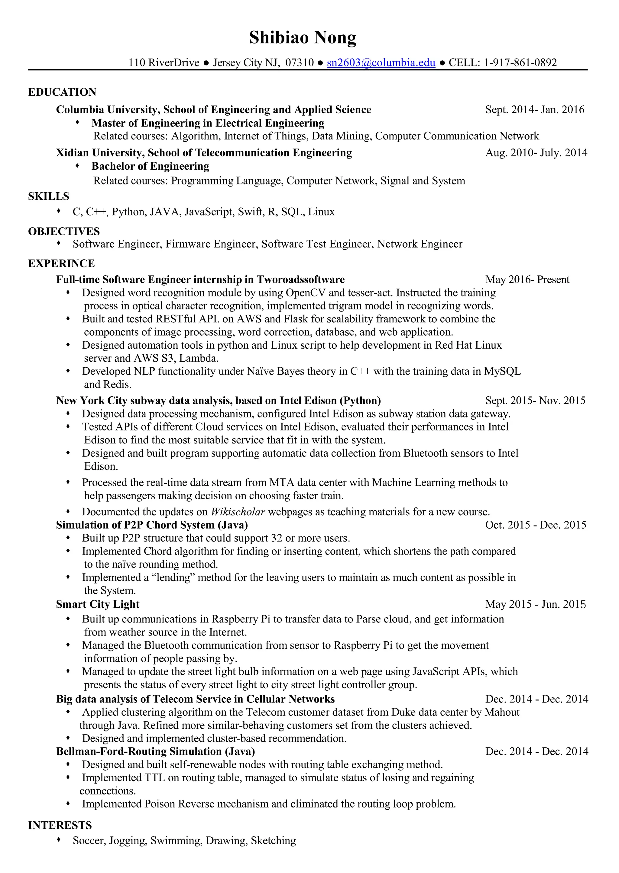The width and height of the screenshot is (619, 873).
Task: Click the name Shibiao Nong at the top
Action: [x=303, y=38]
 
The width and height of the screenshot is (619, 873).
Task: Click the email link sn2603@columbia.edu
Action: [x=381, y=62]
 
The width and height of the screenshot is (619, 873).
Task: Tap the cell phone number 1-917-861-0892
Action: [x=520, y=62]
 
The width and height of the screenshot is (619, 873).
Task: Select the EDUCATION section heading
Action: [x=62, y=92]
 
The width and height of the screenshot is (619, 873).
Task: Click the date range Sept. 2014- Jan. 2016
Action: [x=534, y=110]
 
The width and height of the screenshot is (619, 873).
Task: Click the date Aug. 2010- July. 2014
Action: [x=536, y=153]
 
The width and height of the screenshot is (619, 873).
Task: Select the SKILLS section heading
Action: [x=48, y=197]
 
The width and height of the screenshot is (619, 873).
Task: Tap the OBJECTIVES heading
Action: [x=64, y=232]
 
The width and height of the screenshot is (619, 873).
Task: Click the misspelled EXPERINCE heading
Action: [x=61, y=264]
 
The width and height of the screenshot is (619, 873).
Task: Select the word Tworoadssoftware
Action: [x=300, y=280]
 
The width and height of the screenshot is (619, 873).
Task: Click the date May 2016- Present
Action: [x=527, y=280]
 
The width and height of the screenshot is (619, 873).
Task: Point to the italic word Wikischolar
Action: [x=238, y=512]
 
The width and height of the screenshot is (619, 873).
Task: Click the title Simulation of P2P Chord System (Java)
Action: [x=152, y=525]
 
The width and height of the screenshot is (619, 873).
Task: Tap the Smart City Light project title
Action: [x=98, y=604]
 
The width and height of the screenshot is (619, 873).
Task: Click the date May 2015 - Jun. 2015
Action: [x=535, y=604]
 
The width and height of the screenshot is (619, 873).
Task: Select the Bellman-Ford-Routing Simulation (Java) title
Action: [x=155, y=751]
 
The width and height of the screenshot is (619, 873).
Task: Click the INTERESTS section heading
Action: [x=60, y=825]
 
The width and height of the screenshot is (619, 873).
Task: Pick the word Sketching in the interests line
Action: [x=273, y=840]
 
